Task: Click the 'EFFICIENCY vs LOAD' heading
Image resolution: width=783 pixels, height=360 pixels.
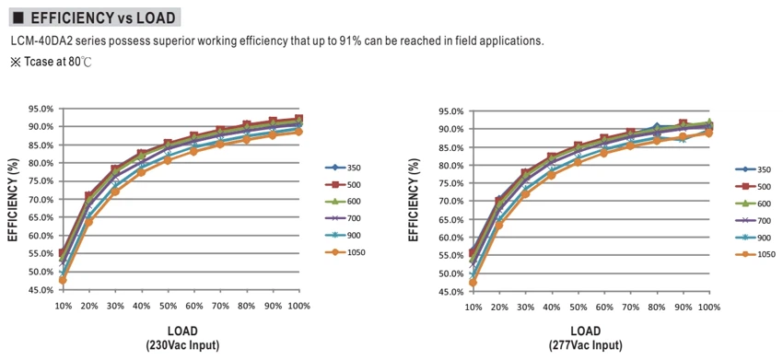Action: [x=103, y=18]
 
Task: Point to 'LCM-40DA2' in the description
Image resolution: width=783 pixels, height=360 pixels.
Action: [x=34, y=41]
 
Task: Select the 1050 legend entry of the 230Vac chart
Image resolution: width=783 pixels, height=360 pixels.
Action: [x=345, y=252]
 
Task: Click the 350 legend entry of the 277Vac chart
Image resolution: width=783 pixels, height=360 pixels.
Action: [x=753, y=169]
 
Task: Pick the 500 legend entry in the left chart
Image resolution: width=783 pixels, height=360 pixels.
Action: [x=344, y=185]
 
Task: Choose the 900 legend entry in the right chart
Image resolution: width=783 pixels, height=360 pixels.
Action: [x=753, y=238]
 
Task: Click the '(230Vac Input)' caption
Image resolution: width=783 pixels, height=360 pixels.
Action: [x=182, y=345]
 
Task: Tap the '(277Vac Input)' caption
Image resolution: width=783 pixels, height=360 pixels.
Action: [x=586, y=345]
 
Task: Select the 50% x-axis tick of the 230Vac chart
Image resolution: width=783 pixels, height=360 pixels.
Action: [x=168, y=306]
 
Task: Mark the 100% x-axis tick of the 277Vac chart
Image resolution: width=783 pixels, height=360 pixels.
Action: [x=709, y=308]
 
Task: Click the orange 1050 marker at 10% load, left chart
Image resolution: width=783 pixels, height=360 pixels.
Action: [x=63, y=280]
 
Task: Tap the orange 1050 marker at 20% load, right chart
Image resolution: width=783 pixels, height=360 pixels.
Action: [x=499, y=226]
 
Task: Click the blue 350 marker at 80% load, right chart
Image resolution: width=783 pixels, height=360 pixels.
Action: [x=657, y=127]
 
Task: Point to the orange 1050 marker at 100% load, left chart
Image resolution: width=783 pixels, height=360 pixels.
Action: [x=298, y=132]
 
